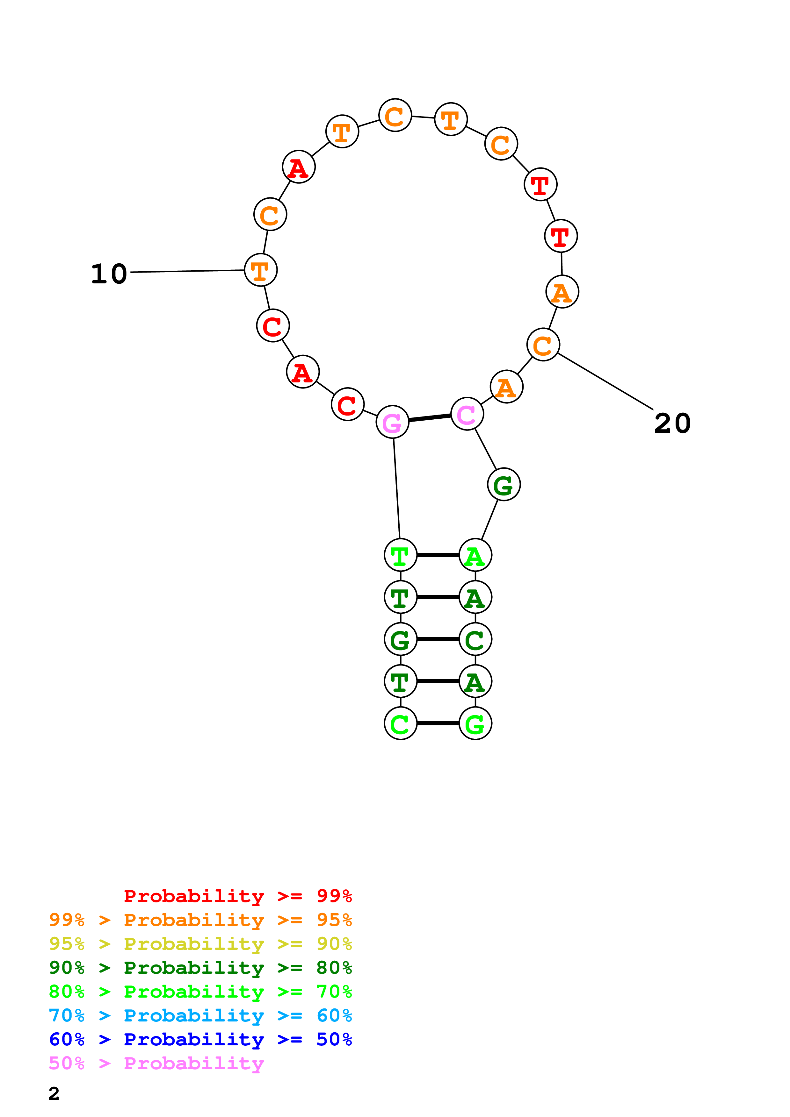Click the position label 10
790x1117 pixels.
click(x=109, y=274)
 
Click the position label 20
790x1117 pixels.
click(x=672, y=423)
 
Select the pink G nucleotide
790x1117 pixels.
click(x=392, y=422)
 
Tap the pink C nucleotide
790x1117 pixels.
click(x=467, y=414)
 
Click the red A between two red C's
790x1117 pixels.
click(x=303, y=372)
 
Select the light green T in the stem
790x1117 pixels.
click(x=401, y=555)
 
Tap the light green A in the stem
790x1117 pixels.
click(x=475, y=555)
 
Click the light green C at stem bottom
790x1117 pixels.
click(x=401, y=723)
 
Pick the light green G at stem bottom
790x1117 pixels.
click(x=475, y=723)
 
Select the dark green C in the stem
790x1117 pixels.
click(x=475, y=639)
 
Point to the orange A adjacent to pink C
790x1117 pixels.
click(x=507, y=387)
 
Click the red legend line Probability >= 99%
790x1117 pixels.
click(x=237, y=896)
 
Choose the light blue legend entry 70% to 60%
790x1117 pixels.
click(x=200, y=1015)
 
